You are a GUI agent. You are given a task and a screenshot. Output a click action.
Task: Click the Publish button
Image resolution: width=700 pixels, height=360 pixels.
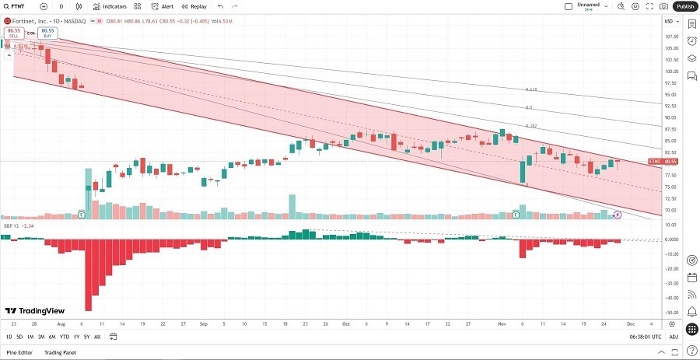point(684,6)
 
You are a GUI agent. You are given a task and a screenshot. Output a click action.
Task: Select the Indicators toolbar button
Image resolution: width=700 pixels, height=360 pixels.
point(110,6)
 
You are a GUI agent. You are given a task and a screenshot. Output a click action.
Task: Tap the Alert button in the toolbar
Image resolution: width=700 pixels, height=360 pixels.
point(163,6)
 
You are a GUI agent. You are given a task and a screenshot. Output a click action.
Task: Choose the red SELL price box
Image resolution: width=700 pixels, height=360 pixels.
point(13,33)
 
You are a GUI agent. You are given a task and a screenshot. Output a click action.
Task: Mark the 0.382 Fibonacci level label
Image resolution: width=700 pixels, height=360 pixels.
point(531,125)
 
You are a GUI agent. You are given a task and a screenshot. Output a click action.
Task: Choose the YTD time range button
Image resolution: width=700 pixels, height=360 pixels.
point(65,337)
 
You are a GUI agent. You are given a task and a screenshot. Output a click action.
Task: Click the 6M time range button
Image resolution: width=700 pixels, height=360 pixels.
point(51,337)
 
